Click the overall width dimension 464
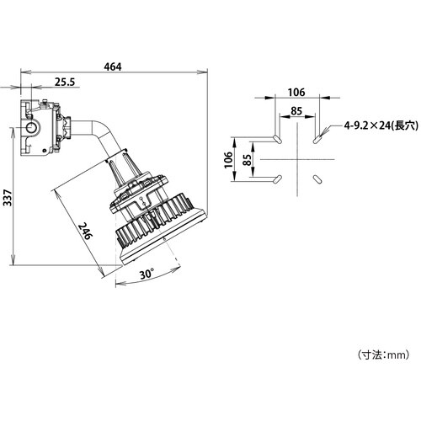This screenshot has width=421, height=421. point(111,67)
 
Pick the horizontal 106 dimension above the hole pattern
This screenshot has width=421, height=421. point(295,93)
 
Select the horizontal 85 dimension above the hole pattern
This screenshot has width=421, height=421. point(295,109)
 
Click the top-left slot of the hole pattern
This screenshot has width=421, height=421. point(277,136)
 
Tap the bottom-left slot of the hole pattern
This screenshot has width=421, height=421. point(275,178)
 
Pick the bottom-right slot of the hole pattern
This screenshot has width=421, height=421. point(316,179)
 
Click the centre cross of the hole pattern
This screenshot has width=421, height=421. point(296,158)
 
